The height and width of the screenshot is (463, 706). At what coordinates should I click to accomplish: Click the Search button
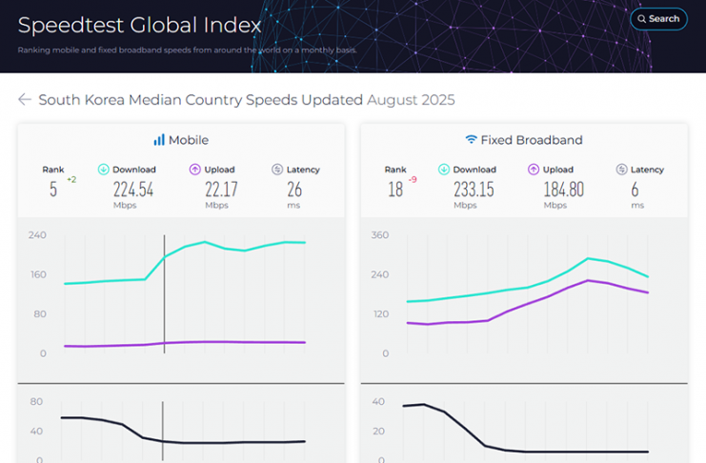click(657, 19)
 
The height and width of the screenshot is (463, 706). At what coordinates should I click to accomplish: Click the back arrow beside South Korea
click(25, 100)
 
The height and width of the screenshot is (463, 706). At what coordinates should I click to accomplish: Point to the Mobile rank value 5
click(53, 190)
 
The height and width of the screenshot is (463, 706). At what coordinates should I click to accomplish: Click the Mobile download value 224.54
click(133, 189)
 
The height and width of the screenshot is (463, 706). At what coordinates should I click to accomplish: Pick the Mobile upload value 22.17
click(221, 189)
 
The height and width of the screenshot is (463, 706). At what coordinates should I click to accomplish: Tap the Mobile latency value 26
click(294, 189)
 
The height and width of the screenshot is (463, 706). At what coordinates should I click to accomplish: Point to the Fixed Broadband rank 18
click(394, 190)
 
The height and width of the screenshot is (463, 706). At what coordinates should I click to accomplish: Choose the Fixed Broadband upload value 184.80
click(563, 189)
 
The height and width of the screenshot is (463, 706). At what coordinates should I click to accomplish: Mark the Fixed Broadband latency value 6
click(635, 189)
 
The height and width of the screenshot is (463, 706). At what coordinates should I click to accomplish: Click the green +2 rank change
click(71, 179)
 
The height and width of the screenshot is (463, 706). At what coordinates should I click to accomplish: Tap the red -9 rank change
click(413, 179)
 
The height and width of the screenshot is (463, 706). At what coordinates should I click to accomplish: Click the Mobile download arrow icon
click(104, 170)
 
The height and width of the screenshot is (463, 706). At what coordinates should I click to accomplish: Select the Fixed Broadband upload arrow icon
click(535, 170)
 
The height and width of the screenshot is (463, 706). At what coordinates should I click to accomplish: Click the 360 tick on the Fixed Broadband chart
click(379, 234)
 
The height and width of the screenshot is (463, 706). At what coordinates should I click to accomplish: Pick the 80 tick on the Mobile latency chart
click(37, 401)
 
